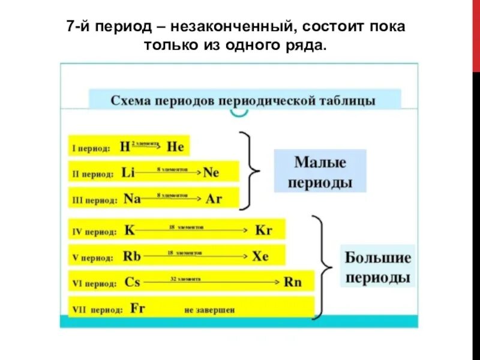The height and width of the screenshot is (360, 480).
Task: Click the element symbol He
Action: click(176, 146)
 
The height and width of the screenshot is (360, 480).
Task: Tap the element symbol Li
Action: click(128, 173)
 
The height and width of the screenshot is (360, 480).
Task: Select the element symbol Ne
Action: click(211, 173)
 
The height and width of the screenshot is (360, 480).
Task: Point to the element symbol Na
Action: click(132, 199)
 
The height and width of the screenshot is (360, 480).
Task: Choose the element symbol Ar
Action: click(214, 199)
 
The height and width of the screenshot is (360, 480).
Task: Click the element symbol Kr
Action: click(264, 230)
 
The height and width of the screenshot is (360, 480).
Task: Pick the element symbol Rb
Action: click(132, 256)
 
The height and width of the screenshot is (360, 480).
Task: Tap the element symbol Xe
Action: click(260, 256)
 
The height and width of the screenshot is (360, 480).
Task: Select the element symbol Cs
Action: click(133, 282)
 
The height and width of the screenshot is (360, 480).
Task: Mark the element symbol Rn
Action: click(292, 282)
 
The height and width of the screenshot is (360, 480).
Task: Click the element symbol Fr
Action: click(138, 309)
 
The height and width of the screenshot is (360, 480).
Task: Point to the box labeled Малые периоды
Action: click(320, 172)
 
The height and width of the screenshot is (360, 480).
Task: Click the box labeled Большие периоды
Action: click(377, 268)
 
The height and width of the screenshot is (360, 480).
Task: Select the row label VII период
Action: click(97, 310)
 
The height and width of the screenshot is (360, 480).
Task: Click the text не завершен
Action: click(209, 310)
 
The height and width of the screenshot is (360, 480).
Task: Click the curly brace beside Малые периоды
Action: click(251, 171)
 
